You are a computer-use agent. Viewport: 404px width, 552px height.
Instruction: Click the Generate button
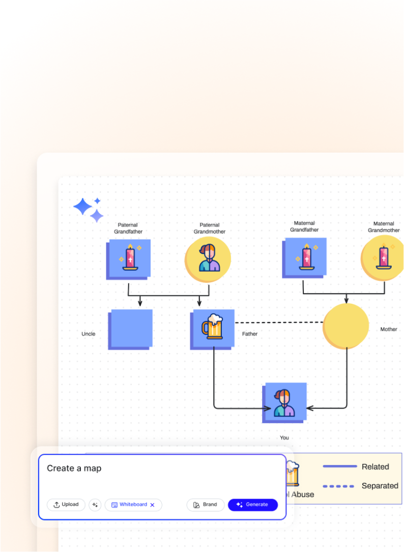click(x=252, y=505)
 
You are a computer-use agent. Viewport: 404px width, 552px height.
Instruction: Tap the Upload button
click(x=66, y=505)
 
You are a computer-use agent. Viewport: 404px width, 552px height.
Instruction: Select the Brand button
click(x=205, y=505)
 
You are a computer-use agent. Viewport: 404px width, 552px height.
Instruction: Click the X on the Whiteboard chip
click(x=152, y=505)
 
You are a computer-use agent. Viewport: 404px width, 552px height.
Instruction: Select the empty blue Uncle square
click(x=130, y=329)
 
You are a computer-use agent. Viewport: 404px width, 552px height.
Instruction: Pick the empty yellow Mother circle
click(x=346, y=326)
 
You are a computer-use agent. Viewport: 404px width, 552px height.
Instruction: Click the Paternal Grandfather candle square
click(x=129, y=258)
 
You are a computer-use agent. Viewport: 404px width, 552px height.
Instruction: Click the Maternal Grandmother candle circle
click(x=383, y=258)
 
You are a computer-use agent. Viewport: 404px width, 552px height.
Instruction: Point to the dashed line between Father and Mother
click(x=279, y=323)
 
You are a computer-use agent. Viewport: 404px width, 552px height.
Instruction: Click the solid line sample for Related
click(x=339, y=467)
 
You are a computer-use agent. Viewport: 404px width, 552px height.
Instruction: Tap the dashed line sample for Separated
click(x=338, y=486)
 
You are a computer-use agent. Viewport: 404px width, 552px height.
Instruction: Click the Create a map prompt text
click(x=74, y=469)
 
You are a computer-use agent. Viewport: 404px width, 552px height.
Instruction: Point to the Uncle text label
click(x=89, y=334)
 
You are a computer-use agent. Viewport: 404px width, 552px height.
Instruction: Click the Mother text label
click(x=389, y=330)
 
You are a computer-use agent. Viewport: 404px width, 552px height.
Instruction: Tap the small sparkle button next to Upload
click(x=95, y=505)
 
